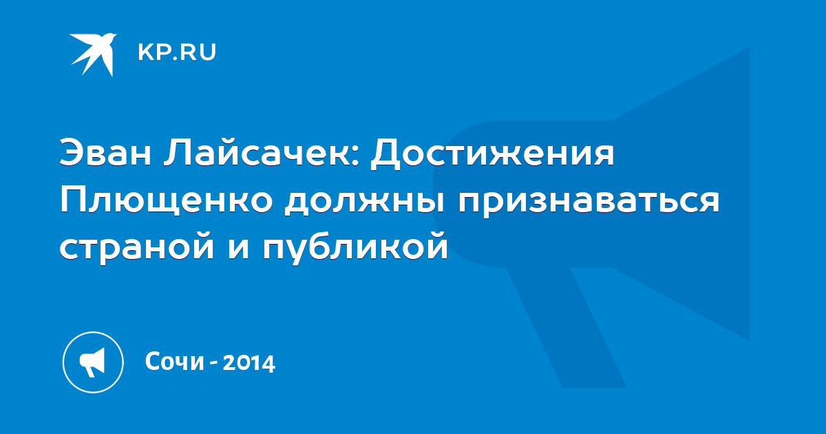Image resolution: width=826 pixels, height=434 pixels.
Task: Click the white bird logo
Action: pos(93,54)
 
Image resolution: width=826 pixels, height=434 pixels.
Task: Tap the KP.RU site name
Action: pos(177,52)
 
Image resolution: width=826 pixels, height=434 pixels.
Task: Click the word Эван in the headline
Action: pos(105,152)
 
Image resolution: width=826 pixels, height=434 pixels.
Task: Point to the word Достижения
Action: pos(493,154)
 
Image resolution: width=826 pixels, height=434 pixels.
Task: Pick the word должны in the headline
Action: pos(365,203)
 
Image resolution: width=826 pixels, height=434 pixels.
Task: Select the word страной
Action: pos(137,247)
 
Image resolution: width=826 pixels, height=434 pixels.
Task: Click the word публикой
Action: pos(355,247)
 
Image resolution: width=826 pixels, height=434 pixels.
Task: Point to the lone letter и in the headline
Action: pos(239,249)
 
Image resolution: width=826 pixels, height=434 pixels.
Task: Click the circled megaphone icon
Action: pos(93,362)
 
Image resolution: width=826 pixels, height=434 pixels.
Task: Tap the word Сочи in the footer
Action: pos(175,361)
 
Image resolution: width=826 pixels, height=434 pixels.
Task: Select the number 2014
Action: pos(249,363)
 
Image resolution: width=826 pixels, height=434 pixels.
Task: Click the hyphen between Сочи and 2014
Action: pos(213,364)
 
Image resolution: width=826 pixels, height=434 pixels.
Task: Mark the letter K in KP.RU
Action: pos(145,52)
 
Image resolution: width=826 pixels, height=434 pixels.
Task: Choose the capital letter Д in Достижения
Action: pos(385,155)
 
